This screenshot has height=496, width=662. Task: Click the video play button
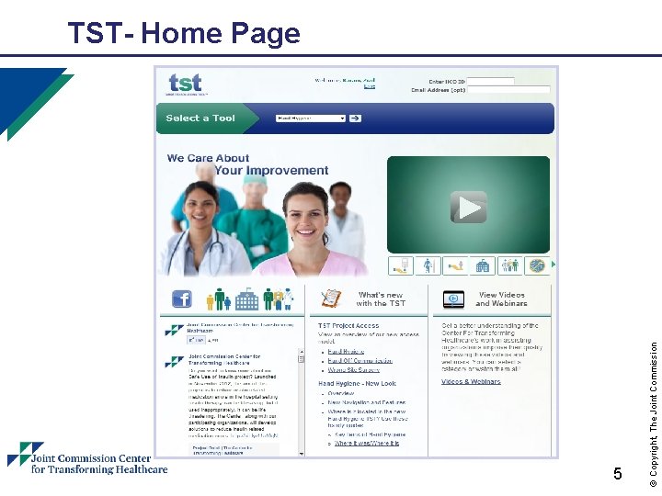pyautogui.click(x=469, y=208)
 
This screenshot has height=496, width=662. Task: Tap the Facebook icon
pyautogui.click(x=182, y=299)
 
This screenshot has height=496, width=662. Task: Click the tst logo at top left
pyautogui.click(x=185, y=83)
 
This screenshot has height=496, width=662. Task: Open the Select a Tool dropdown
pyautogui.click(x=311, y=118)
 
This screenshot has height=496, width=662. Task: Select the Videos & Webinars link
pyautogui.click(x=471, y=381)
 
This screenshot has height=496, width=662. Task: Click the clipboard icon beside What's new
pyautogui.click(x=331, y=299)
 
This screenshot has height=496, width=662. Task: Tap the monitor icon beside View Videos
pyautogui.click(x=453, y=299)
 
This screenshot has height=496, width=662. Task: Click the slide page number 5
pyautogui.click(x=618, y=474)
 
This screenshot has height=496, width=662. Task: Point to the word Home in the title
pyautogui.click(x=182, y=34)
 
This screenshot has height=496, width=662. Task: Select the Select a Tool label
pyautogui.click(x=200, y=118)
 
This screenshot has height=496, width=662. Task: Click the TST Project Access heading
pyautogui.click(x=348, y=325)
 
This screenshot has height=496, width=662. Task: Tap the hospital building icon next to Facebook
pyautogui.click(x=246, y=299)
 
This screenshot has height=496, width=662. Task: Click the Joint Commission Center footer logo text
pyautogui.click(x=98, y=463)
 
